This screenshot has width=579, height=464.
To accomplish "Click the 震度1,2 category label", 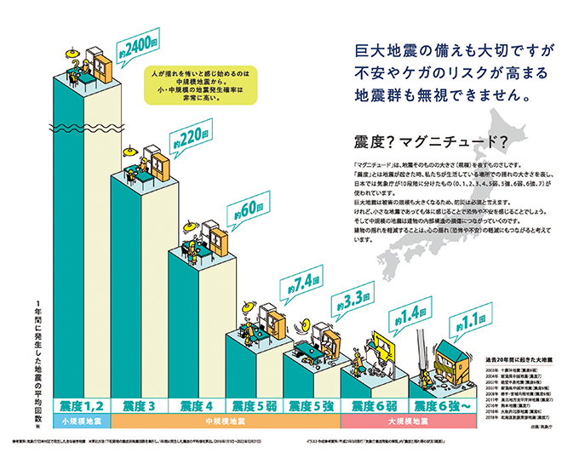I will (82, 406).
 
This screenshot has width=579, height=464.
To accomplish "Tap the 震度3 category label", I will (139, 406).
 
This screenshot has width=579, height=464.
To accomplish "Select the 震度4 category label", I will (197, 406).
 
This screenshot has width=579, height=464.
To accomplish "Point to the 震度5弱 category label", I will (253, 406).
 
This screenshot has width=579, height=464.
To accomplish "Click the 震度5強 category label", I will (311, 406).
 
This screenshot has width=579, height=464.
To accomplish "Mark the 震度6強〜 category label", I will (439, 406).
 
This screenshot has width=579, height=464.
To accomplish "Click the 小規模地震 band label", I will (82, 421).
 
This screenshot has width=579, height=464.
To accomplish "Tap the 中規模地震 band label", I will (226, 421).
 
